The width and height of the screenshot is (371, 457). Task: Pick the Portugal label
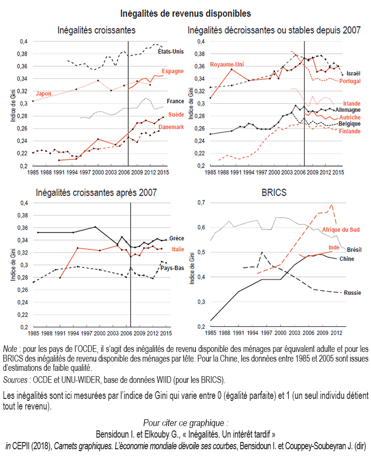click(350, 81)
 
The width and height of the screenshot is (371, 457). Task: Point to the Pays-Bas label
click(172, 267)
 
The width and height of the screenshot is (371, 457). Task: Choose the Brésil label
click(355, 249)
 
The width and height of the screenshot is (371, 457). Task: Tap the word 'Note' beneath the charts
click(10, 349)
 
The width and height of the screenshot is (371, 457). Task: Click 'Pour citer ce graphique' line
click(185, 422)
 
